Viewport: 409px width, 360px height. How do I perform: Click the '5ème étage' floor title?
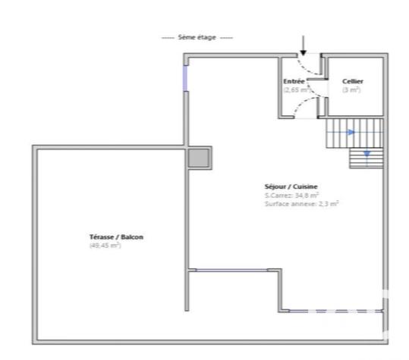coord(197,37)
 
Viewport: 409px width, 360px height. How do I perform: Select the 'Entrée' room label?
coord(294,81)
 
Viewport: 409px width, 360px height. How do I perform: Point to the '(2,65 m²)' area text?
coord(297,89)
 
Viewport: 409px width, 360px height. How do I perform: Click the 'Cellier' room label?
coord(352,81)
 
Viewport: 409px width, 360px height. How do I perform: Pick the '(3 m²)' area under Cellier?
coord(351,89)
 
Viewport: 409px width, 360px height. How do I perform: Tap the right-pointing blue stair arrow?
coord(351,133)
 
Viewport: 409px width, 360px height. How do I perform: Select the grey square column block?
coord(199,158)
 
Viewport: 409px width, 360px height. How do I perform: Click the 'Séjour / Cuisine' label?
coord(291,186)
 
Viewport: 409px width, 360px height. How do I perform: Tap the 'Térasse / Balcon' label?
coord(115,237)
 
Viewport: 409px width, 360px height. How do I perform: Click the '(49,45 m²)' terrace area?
coord(105,246)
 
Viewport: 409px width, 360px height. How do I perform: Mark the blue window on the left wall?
coord(185,78)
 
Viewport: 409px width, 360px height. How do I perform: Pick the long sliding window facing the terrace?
coord(238,271)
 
